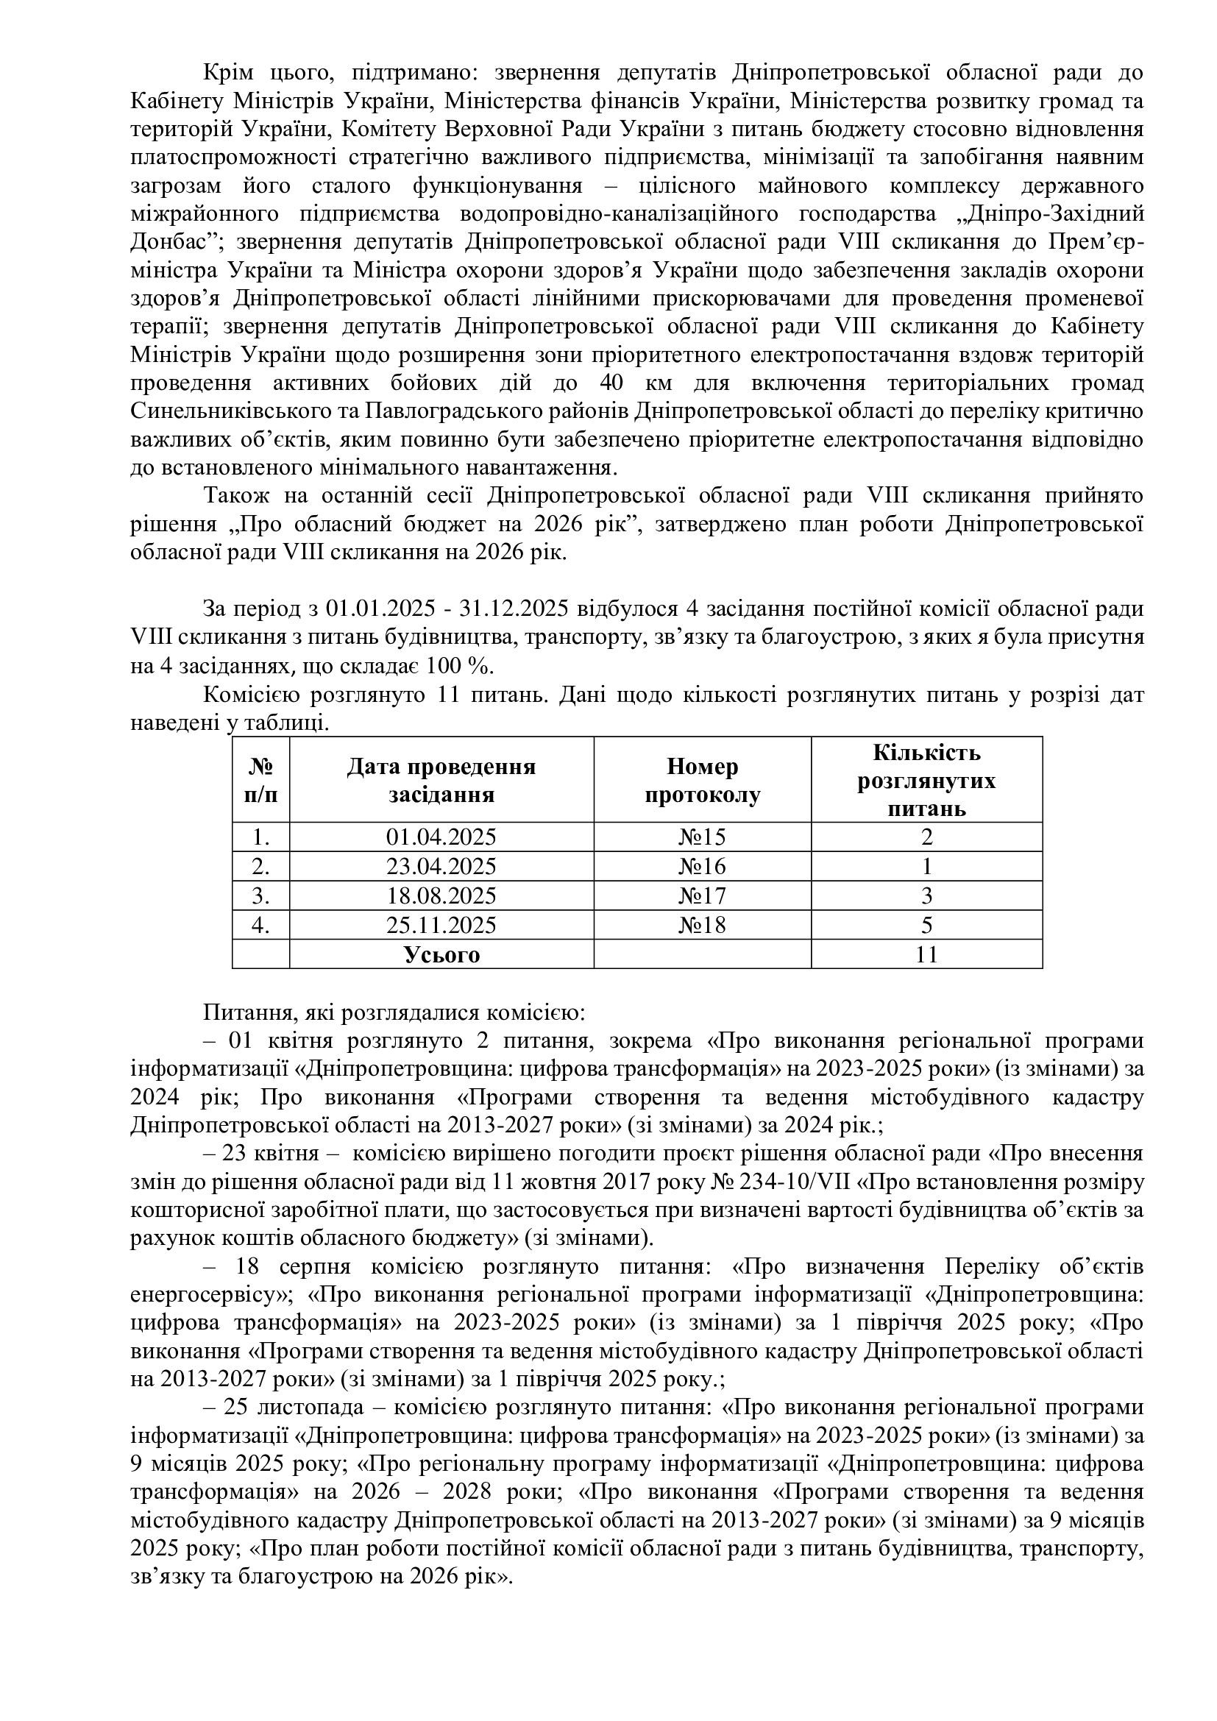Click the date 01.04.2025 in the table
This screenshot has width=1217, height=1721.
[441, 837]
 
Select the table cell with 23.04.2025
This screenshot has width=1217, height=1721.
[441, 867]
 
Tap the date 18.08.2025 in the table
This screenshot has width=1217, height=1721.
[441, 895]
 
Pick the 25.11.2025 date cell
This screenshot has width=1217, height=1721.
[441, 925]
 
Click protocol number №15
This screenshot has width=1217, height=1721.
[702, 837]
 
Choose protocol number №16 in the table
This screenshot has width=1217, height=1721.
[702, 867]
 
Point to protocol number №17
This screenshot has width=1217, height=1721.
[702, 895]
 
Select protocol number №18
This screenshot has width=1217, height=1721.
[702, 925]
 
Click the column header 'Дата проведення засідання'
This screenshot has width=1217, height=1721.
[441, 780]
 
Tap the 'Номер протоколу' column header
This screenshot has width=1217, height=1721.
[702, 780]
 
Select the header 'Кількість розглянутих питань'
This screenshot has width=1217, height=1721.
[926, 780]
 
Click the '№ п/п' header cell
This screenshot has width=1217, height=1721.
[260, 780]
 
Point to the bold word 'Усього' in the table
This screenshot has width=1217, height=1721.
[441, 954]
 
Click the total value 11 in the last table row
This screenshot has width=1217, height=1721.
[926, 954]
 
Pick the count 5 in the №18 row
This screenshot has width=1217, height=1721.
[926, 925]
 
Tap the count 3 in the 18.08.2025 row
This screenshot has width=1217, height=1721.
[926, 895]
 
